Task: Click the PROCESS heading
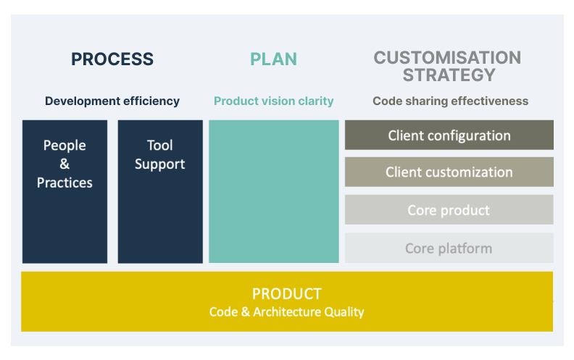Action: [112, 59]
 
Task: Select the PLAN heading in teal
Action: [273, 59]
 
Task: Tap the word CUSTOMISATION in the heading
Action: [447, 58]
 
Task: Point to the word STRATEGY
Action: [449, 75]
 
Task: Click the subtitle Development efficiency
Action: [112, 101]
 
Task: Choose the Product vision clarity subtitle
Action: [273, 101]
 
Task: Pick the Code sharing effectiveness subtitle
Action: [450, 101]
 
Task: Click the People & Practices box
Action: [65, 191]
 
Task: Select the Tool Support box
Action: [160, 191]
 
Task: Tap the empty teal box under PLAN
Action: [274, 191]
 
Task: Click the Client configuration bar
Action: [449, 135]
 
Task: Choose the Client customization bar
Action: [449, 172]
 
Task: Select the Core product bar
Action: [449, 209]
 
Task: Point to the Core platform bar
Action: [449, 248]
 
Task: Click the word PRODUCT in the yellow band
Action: [286, 294]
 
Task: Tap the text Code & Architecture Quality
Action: [286, 312]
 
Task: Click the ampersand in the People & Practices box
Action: [65, 164]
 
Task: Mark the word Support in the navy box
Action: [159, 164]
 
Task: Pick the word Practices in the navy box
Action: [65, 183]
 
